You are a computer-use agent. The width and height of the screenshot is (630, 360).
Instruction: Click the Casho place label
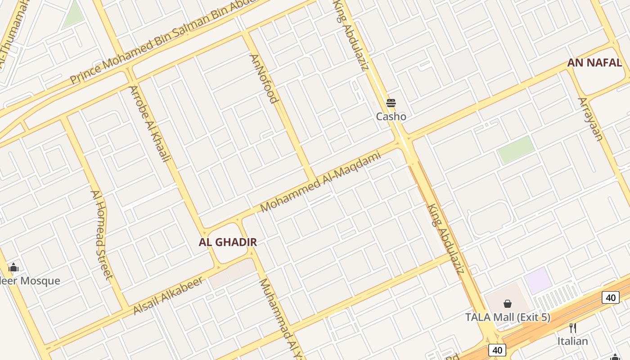point(391,117)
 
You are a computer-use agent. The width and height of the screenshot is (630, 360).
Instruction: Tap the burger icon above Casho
point(391,103)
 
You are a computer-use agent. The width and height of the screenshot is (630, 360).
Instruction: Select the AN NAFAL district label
point(594,63)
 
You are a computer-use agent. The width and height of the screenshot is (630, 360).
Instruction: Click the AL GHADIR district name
point(228,242)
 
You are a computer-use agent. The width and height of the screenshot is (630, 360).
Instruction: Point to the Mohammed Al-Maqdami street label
point(320,181)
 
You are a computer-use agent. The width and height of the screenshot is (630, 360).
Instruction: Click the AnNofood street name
point(264,79)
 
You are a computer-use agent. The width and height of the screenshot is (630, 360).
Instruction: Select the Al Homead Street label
point(101,234)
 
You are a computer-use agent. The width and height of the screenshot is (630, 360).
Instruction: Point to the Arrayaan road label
point(590,119)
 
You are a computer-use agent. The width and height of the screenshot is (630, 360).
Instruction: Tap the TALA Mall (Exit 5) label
point(508,317)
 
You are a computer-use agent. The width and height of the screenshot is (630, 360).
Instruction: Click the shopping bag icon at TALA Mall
point(508,304)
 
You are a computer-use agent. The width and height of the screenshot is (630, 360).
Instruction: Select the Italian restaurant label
point(572,341)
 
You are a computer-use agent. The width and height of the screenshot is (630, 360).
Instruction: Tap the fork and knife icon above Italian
point(572,328)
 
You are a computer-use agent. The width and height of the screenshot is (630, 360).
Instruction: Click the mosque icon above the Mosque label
point(13,268)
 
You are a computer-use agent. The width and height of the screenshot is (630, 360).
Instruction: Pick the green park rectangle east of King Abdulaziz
point(516,149)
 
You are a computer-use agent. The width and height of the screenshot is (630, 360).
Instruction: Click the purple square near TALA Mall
point(538,280)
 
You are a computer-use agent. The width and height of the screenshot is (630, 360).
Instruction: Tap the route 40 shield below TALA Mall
point(496,350)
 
